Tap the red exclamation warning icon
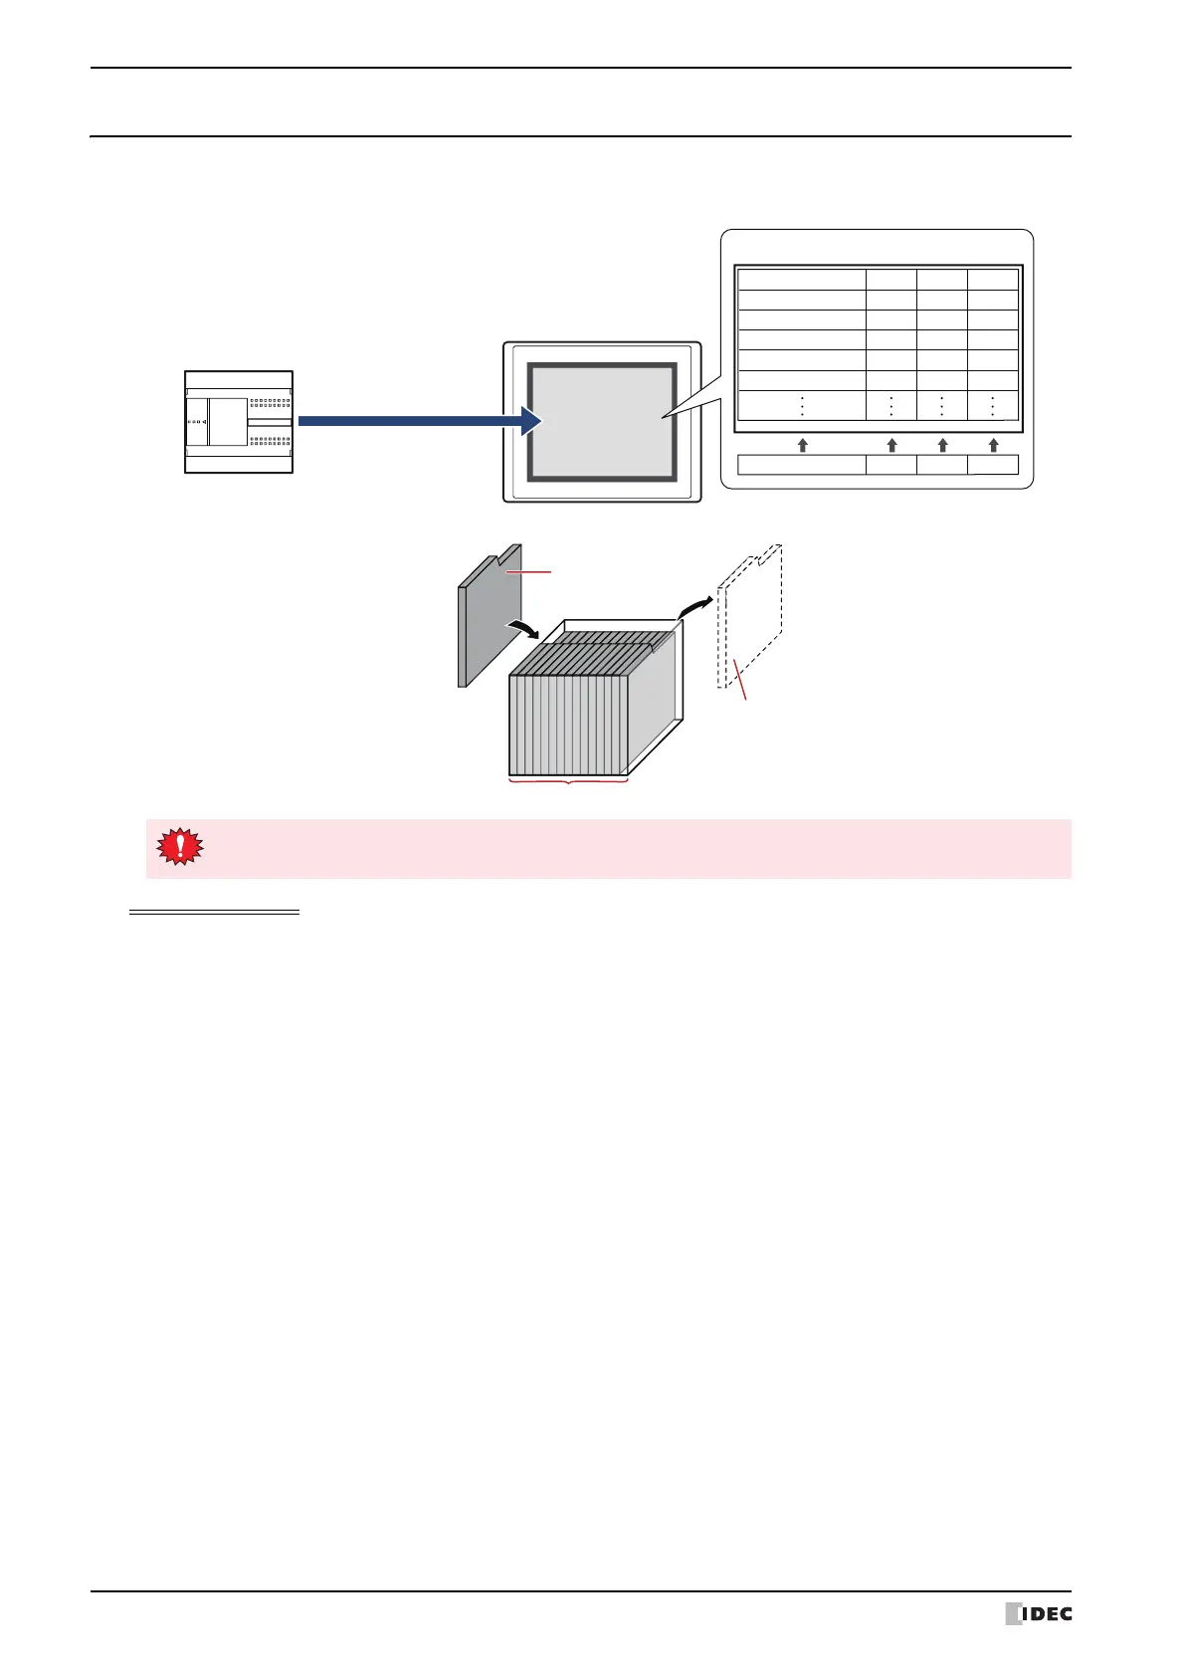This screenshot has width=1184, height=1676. (179, 847)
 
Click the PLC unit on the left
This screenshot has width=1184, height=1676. (239, 421)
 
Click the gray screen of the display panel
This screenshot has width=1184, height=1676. (602, 422)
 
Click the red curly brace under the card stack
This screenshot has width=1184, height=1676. (568, 783)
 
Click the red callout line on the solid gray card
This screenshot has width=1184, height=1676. (528, 572)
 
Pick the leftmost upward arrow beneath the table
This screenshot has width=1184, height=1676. (802, 445)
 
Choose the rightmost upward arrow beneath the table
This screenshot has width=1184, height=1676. (993, 445)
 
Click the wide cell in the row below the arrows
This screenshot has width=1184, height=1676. (801, 465)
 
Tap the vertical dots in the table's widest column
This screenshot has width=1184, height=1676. (802, 406)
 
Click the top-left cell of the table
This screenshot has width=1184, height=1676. (801, 280)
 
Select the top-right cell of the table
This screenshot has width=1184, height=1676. (993, 280)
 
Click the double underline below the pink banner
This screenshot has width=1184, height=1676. (214, 912)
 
